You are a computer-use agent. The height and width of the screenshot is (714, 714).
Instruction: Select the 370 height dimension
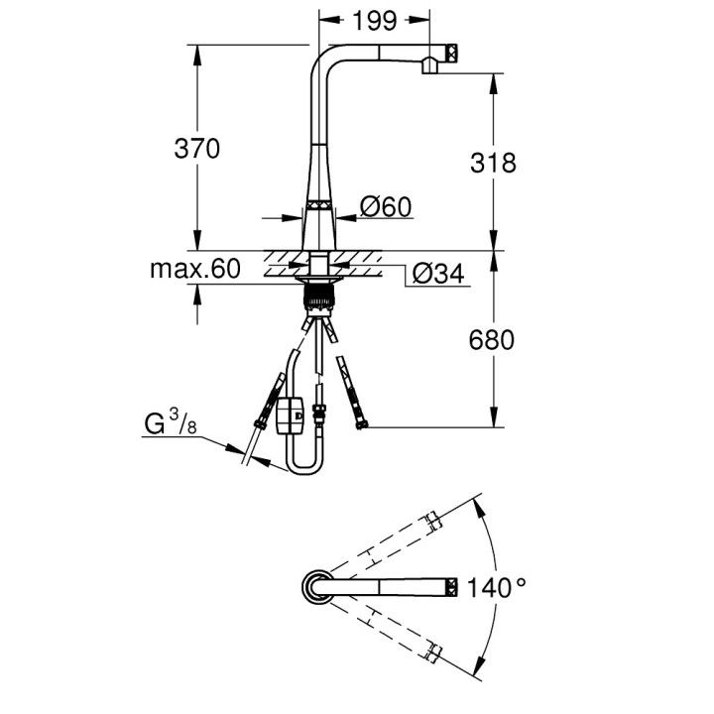196,149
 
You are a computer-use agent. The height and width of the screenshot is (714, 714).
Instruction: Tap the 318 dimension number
494,163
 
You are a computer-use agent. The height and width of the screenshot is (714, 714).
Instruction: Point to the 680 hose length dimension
494,340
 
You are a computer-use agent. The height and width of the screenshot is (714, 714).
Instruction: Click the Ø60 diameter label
386,206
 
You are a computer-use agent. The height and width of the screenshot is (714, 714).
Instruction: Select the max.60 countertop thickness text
195,269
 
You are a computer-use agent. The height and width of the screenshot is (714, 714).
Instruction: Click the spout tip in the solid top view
451,588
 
